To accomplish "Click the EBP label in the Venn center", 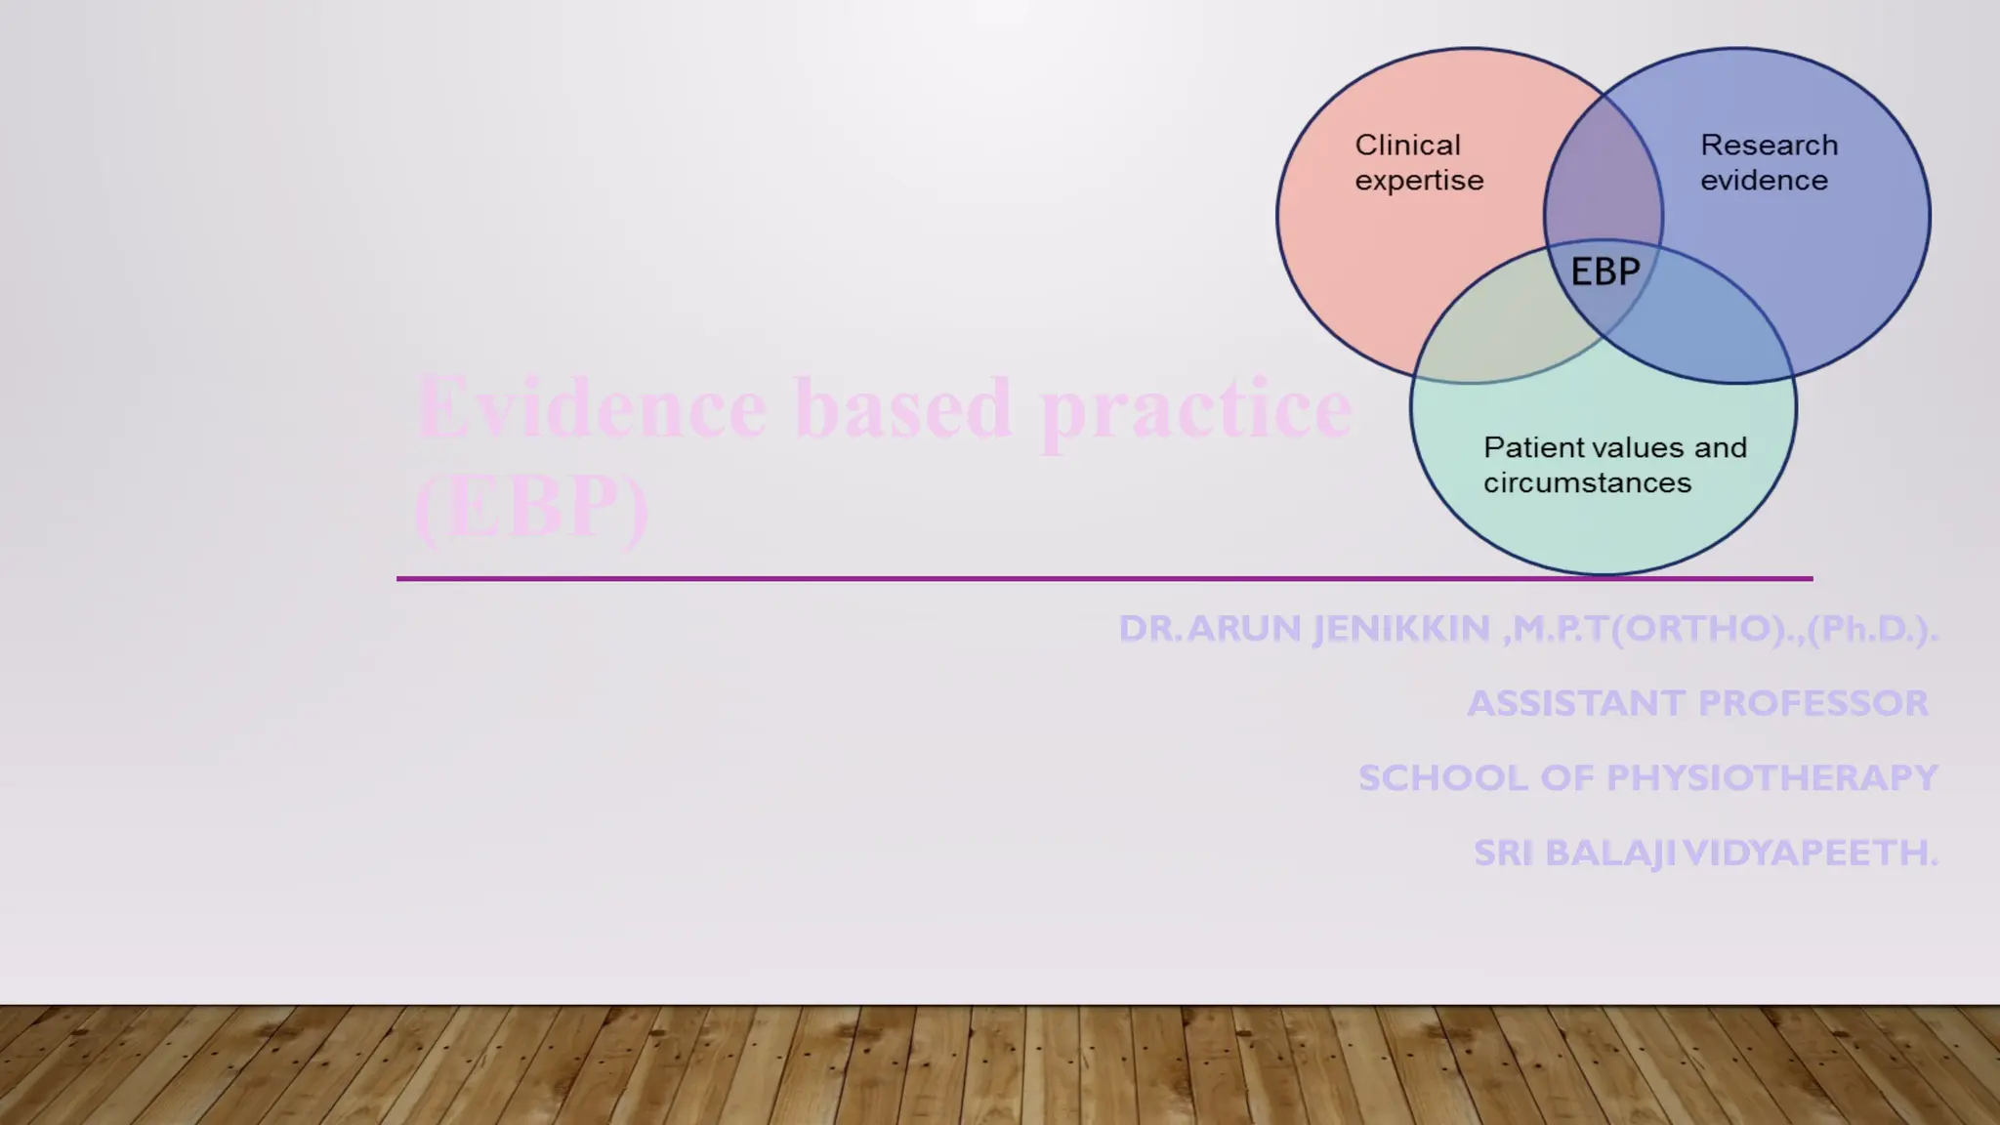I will pos(1604,271).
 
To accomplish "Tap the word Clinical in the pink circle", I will pos(1407,146).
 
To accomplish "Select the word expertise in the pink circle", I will pos(1419,181).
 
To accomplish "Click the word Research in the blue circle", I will pos(1769,146).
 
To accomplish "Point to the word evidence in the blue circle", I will pos(1764,181).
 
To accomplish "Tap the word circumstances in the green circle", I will pos(1587,482).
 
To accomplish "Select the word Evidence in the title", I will pos(592,408).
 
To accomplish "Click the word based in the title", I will pos(902,408).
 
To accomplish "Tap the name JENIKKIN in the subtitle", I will pos(1401,629).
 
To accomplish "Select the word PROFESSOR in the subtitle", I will pos(1812,703).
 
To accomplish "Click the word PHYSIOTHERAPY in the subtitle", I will pos(1771,778).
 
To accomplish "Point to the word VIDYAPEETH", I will pos(1812,854).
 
